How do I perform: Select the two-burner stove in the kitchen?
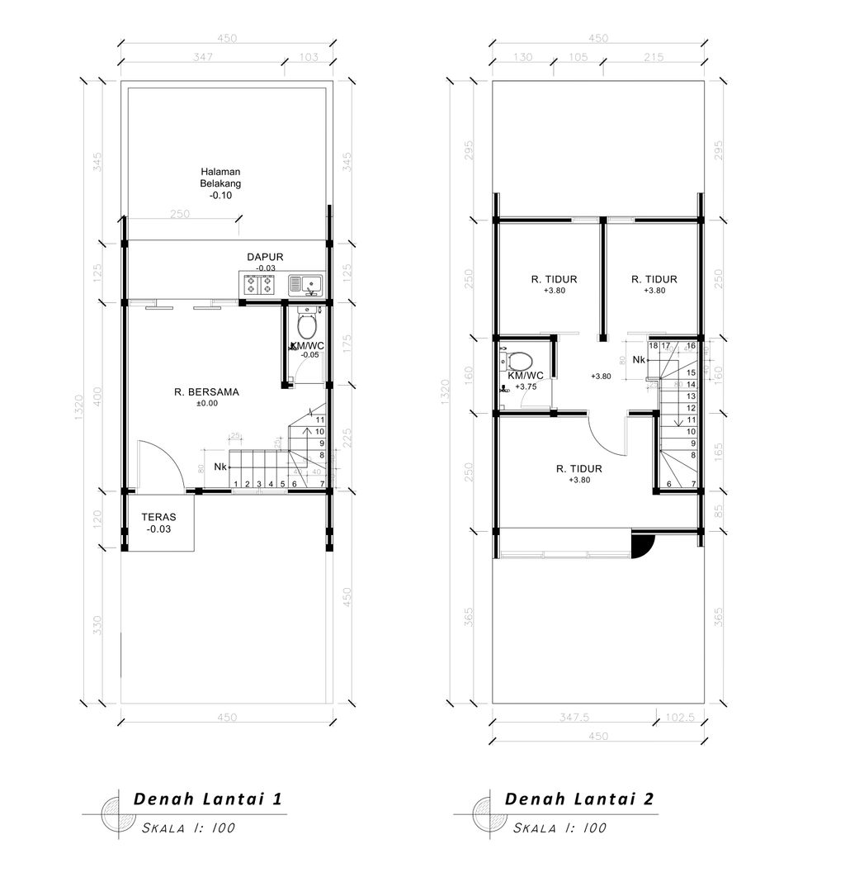click(258, 286)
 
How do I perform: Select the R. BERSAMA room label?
click(206, 392)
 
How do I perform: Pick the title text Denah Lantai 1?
click(208, 799)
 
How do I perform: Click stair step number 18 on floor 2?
click(654, 346)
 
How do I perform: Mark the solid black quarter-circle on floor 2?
click(642, 543)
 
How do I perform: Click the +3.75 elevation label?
click(526, 386)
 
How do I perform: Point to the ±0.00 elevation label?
click(206, 404)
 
